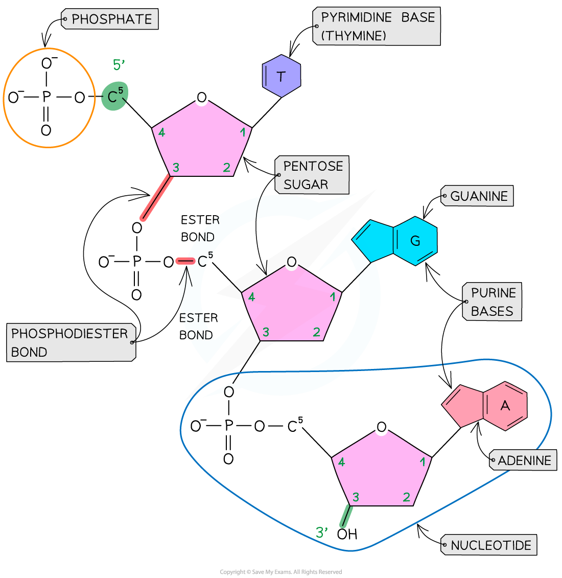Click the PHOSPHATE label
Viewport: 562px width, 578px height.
(109, 19)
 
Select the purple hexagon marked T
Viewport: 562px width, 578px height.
(281, 77)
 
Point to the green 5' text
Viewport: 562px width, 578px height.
(119, 65)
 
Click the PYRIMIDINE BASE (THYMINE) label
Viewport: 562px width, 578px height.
(377, 27)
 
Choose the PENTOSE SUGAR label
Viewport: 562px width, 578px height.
(312, 175)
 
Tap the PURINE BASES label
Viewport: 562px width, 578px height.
(492, 302)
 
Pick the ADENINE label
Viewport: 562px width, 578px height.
(523, 460)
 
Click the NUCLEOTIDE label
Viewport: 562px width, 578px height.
(489, 545)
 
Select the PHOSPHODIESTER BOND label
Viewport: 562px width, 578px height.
(71, 343)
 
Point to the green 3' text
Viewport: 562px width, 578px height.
(321, 533)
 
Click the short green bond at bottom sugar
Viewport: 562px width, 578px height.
(345, 516)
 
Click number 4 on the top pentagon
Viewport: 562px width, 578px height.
(162, 133)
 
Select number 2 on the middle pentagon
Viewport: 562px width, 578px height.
(316, 333)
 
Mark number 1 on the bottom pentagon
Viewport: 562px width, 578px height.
(423, 462)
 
